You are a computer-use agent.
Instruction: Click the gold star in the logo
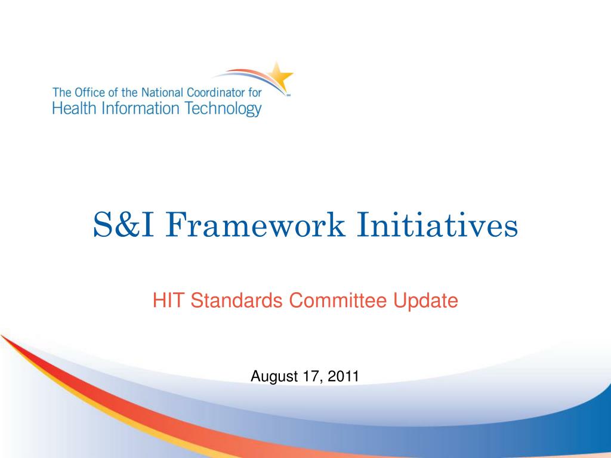point(280,76)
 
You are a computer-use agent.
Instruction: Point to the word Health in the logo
point(74,109)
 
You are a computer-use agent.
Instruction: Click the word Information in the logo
point(140,109)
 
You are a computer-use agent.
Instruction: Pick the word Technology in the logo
point(223,110)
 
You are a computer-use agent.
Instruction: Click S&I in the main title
point(123,225)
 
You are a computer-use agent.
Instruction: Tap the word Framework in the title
point(255,225)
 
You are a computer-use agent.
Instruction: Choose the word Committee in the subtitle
point(338,301)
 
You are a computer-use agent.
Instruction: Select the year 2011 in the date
point(343,376)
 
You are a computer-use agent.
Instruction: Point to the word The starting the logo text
point(62,92)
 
